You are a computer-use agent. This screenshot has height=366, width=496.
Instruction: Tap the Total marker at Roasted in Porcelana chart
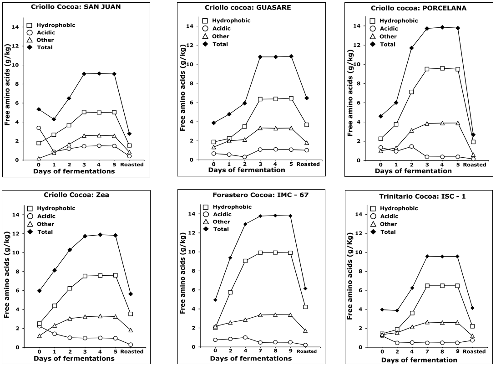click(x=473, y=134)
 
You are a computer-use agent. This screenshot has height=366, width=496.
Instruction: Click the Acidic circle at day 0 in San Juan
click(x=39, y=128)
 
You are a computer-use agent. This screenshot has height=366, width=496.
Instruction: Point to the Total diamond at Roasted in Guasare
click(x=307, y=98)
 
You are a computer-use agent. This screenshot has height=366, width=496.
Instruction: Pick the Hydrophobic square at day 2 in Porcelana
click(x=411, y=92)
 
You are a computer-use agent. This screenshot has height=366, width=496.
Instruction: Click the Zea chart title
click(x=76, y=195)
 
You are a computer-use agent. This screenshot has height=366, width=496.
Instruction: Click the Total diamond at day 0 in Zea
click(x=40, y=291)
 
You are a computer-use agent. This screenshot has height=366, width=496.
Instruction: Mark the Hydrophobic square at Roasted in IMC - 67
click(x=305, y=307)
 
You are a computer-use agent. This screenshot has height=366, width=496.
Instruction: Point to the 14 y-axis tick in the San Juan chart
click(x=28, y=27)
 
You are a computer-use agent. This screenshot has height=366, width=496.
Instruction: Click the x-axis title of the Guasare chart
click(x=247, y=170)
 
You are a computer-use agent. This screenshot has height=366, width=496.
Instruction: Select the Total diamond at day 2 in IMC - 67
click(x=230, y=258)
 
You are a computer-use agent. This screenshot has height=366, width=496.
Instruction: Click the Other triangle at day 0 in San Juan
click(x=39, y=159)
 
